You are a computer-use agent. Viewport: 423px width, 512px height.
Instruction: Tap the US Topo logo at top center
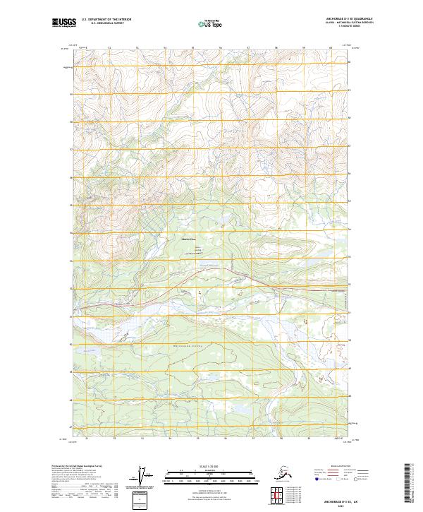(x=212, y=23)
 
